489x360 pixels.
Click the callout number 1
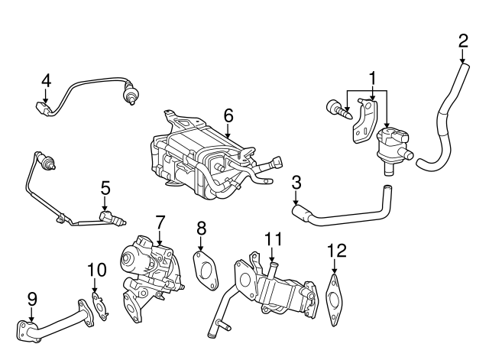click(x=372, y=77)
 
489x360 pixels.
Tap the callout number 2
click(x=463, y=40)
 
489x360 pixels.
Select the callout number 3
click(x=296, y=182)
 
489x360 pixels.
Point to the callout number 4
click(x=46, y=79)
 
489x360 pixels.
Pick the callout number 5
click(x=105, y=186)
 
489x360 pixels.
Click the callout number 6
click(x=228, y=115)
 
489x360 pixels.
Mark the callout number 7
click(x=160, y=222)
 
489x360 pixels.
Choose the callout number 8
click(x=202, y=227)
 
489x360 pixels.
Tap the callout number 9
click(x=31, y=299)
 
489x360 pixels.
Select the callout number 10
click(x=96, y=269)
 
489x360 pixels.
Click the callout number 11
click(x=269, y=239)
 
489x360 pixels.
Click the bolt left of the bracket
click(x=336, y=110)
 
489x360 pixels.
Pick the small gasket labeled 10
click(x=98, y=303)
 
